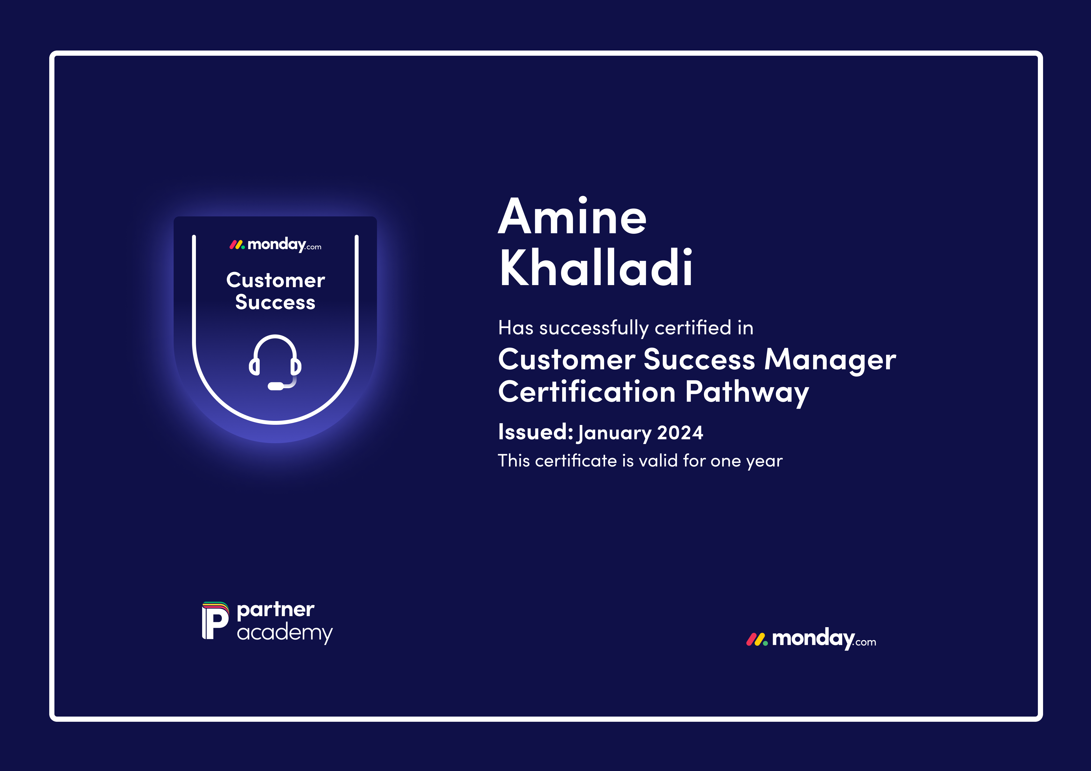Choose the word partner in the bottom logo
[276, 610]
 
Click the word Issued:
[535, 432]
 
